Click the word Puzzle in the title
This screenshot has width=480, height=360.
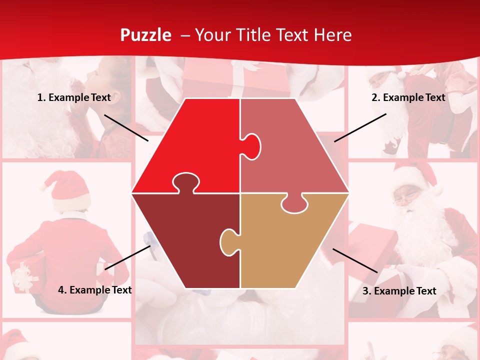(x=145, y=35)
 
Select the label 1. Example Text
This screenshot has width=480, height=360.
(x=74, y=97)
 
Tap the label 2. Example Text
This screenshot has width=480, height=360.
(x=408, y=97)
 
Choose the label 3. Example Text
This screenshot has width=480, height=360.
(x=399, y=291)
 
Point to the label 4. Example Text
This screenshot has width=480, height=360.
(x=95, y=290)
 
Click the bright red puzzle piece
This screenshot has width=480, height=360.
(x=195, y=140)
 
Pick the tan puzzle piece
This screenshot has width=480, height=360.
(x=290, y=245)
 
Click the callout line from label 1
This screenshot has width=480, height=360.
(x=126, y=127)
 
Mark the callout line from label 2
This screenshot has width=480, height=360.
(x=360, y=127)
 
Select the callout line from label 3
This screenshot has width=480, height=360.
(x=355, y=260)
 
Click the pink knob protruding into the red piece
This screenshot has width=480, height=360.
(x=251, y=146)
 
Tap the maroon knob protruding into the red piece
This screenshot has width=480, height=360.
(x=185, y=182)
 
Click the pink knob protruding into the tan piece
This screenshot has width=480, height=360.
(x=295, y=203)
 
